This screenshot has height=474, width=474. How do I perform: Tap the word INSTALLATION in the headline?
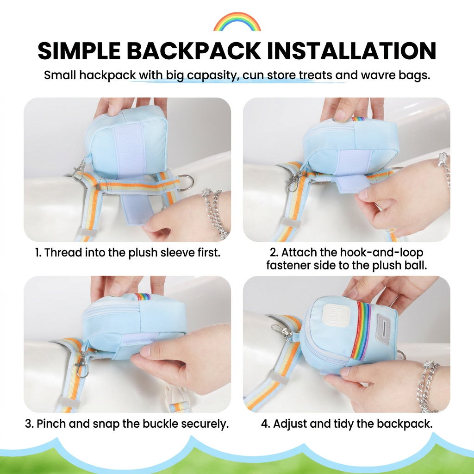tap(352, 50)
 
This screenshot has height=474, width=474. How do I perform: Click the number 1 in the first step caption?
tap(37, 252)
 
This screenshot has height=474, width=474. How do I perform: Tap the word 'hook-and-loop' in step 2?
tap(382, 252)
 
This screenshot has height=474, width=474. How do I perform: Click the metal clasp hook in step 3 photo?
tap(81, 361)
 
